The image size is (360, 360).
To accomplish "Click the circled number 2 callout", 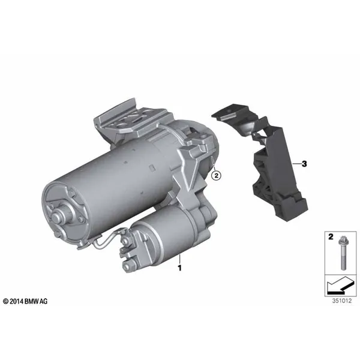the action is click(x=216, y=176).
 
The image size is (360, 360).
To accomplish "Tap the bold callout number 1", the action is click(x=180, y=268).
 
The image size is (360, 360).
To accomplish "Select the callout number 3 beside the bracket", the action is click(x=304, y=164).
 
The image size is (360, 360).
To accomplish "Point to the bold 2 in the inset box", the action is click(x=331, y=237).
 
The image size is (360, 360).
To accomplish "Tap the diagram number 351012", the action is click(x=342, y=301).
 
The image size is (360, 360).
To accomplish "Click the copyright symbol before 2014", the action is click(x=6, y=301).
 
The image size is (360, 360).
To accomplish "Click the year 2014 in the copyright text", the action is click(x=17, y=301).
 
